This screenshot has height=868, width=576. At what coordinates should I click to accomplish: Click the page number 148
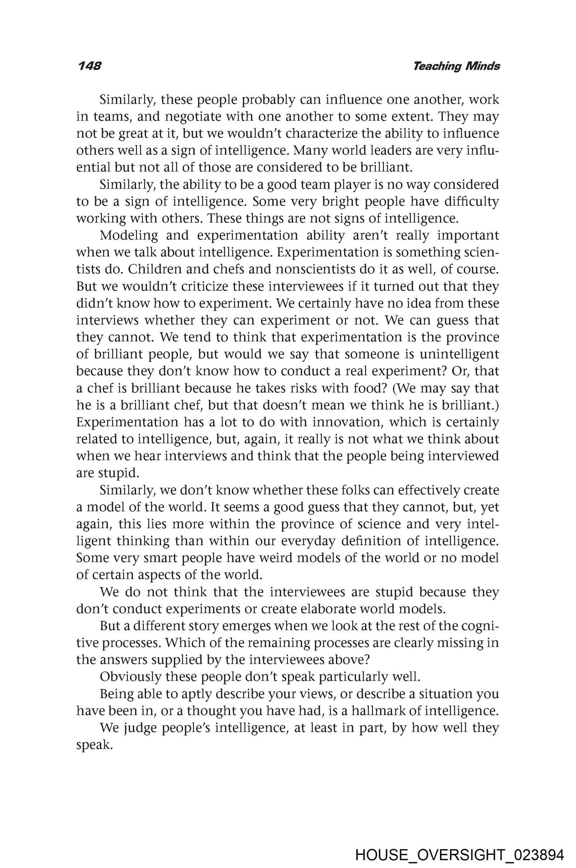tap(89, 66)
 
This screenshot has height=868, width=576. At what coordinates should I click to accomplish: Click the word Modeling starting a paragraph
tap(129, 236)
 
